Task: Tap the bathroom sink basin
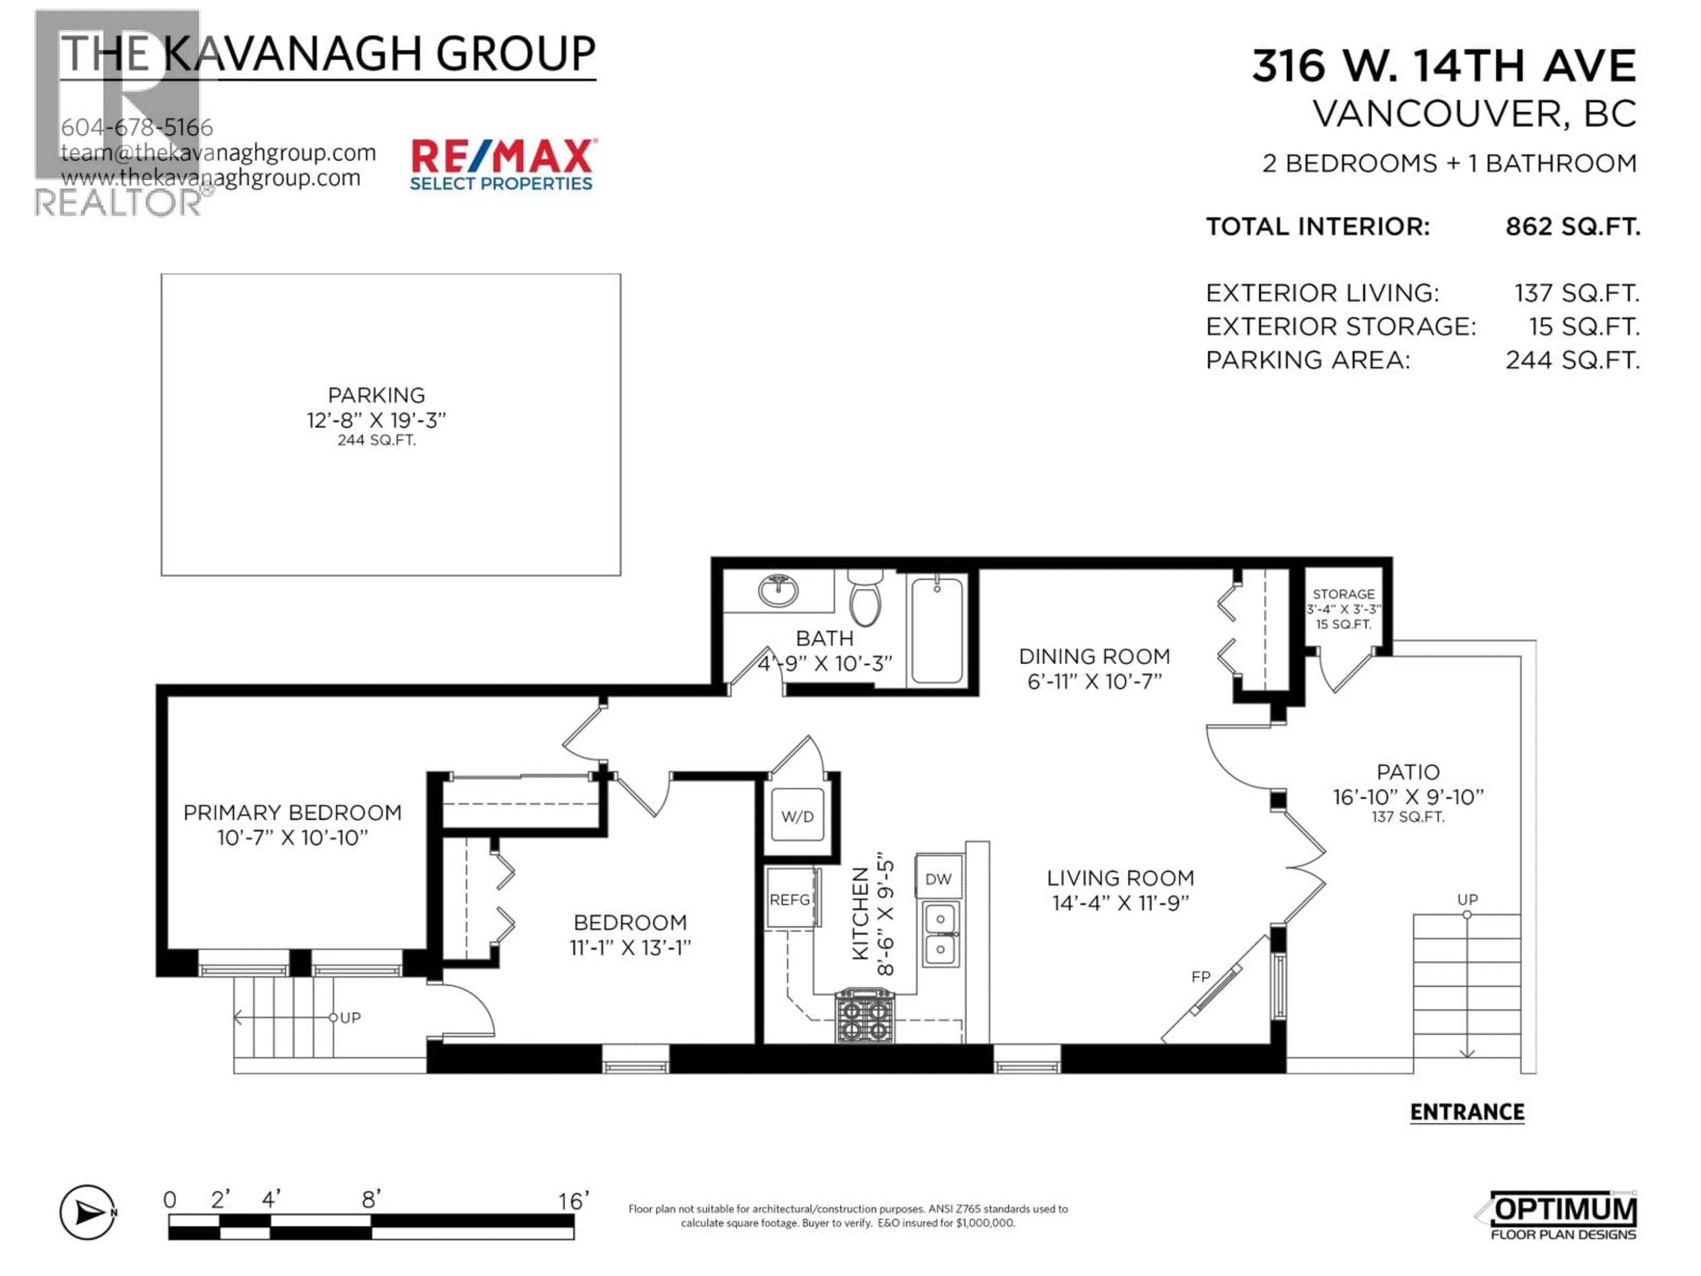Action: click(778, 591)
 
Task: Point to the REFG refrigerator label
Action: click(790, 899)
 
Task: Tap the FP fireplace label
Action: click(1200, 977)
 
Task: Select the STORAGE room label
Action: click(1344, 594)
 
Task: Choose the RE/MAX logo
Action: click(502, 164)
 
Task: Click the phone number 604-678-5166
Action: click(137, 127)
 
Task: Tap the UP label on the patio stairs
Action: click(1467, 899)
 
